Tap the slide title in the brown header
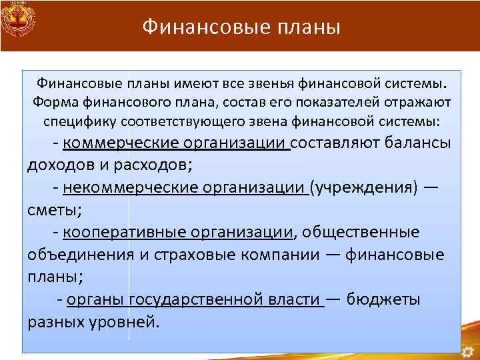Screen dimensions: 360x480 (241, 27)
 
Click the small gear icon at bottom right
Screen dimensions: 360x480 (470, 349)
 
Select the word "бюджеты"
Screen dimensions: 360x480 (383, 299)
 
